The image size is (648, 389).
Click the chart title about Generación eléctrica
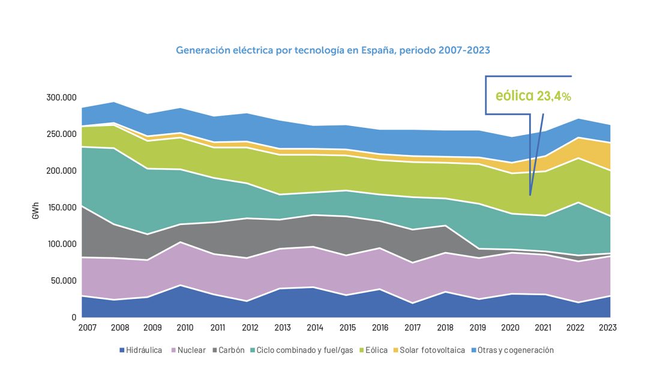[333, 50]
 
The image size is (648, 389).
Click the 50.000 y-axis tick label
[62, 281]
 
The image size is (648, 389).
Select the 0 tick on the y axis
[74, 318]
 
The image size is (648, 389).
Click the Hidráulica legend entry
[140, 350]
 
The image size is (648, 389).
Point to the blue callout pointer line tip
[530, 194]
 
